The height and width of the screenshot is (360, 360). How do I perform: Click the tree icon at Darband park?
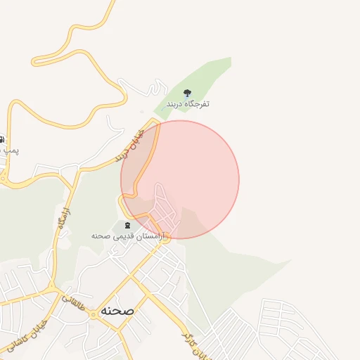tap(188, 93)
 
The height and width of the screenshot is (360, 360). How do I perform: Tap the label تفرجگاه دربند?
tap(188, 104)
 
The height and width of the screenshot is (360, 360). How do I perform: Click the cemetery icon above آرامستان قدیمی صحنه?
tap(127, 225)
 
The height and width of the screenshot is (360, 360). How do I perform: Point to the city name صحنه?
tap(117, 309)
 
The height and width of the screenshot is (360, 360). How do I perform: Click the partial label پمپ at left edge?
tap(8, 150)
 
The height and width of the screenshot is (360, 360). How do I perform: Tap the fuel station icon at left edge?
tap(2, 139)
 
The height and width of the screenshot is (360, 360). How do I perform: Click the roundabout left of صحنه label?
tap(92, 314)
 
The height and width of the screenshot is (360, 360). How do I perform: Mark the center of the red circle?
tap(180, 179)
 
